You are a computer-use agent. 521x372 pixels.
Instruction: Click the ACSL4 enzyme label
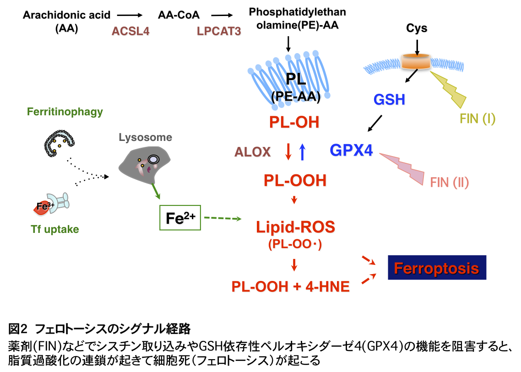(x=130, y=32)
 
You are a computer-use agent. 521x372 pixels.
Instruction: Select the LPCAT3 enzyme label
(x=219, y=32)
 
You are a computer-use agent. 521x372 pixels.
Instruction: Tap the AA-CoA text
(x=179, y=15)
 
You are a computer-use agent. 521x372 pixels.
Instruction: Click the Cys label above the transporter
(x=417, y=29)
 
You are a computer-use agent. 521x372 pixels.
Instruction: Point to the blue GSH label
(x=389, y=99)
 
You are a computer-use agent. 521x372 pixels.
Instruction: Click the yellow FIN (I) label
(x=478, y=119)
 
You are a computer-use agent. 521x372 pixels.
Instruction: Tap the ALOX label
(x=252, y=152)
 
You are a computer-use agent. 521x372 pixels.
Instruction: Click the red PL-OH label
(x=294, y=123)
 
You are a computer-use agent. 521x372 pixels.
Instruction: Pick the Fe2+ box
(x=180, y=218)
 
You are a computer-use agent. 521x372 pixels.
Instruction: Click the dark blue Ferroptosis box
(x=437, y=268)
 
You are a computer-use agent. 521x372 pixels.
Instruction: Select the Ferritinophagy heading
(x=65, y=112)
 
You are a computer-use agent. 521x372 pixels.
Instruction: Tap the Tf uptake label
(x=55, y=229)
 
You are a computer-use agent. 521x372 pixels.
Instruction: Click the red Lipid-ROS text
(x=295, y=227)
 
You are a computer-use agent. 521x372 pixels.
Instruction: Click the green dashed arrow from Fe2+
(x=223, y=219)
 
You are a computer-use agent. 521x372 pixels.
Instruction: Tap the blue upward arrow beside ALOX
(x=302, y=151)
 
